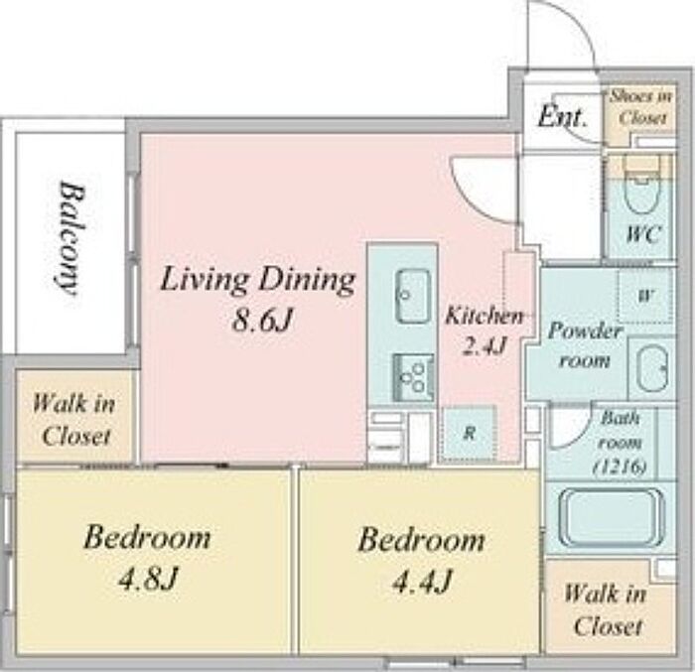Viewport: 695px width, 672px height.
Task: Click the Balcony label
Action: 71,237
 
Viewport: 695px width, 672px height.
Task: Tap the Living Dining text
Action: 258,281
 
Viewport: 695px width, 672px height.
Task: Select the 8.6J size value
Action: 262,320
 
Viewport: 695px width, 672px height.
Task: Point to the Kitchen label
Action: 485,316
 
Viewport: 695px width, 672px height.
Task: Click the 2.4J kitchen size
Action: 485,345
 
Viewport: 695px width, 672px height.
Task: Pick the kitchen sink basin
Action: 413,296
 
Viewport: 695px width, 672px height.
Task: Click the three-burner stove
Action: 413,377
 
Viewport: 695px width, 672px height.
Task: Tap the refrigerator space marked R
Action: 469,434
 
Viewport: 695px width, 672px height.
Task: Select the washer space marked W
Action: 645,295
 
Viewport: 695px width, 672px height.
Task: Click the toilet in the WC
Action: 641,189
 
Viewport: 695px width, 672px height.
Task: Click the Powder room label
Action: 585,345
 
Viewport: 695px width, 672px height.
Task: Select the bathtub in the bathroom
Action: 612,517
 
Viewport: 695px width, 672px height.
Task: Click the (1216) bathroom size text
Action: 620,467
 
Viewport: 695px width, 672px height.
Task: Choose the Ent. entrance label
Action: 563,117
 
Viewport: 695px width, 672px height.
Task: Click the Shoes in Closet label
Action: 641,107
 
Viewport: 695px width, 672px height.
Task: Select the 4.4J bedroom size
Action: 422,581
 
